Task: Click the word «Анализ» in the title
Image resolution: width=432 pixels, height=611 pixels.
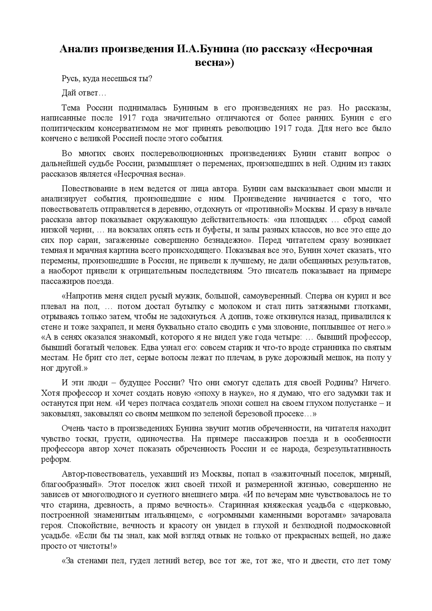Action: pyautogui.click(x=79, y=49)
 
